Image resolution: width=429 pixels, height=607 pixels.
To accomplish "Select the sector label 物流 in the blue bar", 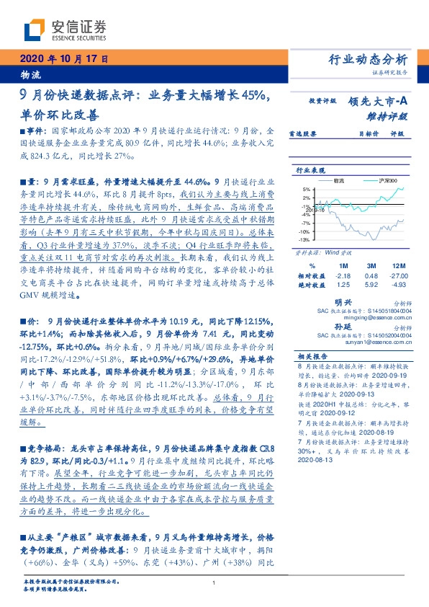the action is [x=31, y=74].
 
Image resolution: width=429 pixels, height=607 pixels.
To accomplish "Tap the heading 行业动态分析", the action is [x=368, y=59].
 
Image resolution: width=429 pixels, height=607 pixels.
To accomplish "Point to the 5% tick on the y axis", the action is [x=305, y=189].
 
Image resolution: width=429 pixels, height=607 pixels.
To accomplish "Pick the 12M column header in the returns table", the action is [x=394, y=265].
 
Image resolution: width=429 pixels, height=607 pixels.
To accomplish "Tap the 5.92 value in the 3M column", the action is [x=371, y=285].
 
